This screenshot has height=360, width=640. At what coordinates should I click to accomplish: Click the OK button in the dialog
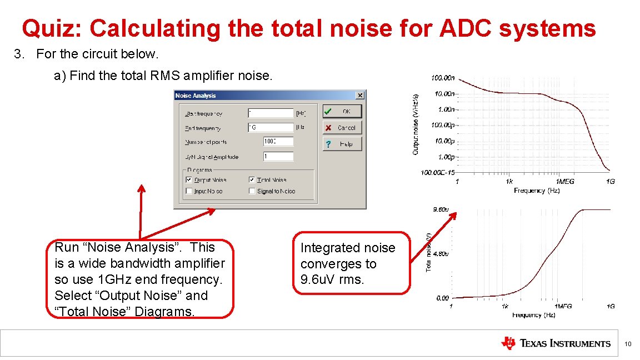[342, 111]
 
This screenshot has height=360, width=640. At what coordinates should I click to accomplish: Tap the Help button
[342, 144]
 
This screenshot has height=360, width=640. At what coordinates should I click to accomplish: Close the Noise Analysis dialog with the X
[360, 96]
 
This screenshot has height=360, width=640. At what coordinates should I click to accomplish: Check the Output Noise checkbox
[189, 180]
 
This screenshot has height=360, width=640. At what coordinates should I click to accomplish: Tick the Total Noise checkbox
[252, 180]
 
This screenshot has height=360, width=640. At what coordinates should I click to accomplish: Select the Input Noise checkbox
[189, 191]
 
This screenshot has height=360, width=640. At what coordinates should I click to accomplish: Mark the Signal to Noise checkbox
[252, 191]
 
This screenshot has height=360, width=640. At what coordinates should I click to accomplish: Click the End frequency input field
[271, 127]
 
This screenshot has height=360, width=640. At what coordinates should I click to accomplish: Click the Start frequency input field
[271, 113]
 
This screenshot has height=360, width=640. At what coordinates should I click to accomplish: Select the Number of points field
[278, 142]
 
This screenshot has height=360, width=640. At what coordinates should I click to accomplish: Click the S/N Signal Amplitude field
[278, 157]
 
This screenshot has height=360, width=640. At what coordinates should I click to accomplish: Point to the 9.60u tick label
[441, 210]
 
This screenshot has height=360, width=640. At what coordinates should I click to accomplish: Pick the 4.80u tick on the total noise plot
[441, 254]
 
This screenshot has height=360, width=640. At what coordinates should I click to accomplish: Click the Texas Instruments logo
[556, 343]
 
